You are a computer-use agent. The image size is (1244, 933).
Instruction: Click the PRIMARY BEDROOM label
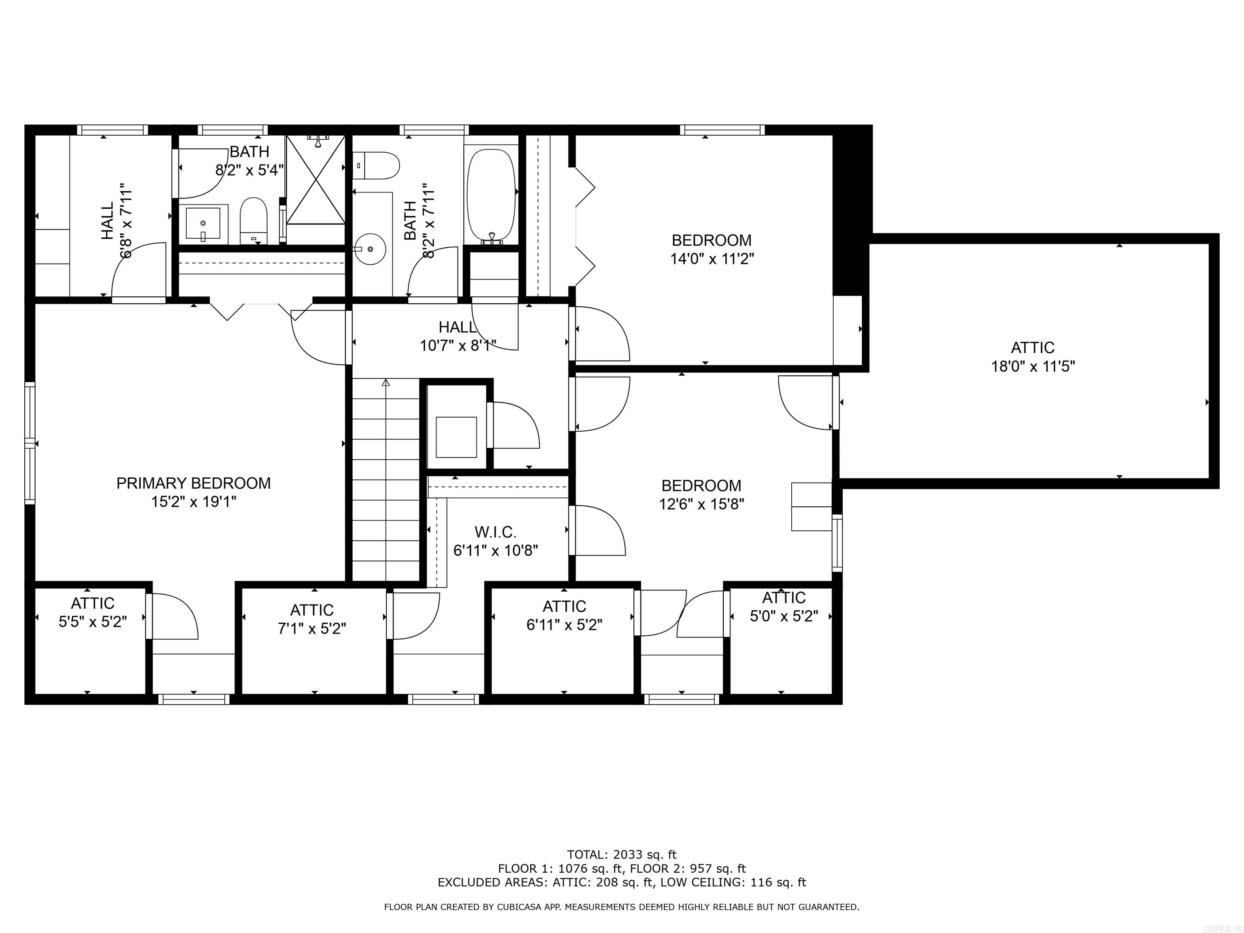point(194,483)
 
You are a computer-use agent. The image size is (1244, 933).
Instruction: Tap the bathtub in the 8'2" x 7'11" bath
point(491,194)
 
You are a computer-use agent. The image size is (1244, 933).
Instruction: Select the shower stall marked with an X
point(315,179)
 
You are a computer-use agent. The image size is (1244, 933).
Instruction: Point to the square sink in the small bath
point(203,223)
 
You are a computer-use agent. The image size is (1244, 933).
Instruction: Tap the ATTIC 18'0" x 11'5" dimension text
point(1033,366)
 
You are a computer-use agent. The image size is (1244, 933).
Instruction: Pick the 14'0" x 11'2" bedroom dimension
point(711,259)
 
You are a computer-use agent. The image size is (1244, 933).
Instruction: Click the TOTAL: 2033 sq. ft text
point(622,855)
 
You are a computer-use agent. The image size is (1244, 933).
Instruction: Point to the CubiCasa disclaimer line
point(622,907)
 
